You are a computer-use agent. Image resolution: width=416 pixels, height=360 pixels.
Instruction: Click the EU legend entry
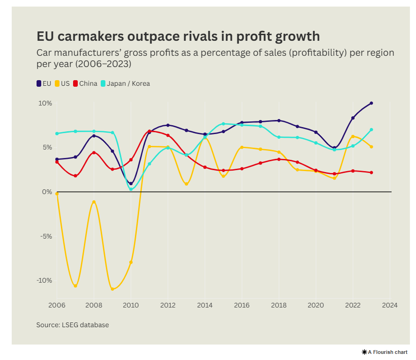tap(44, 83)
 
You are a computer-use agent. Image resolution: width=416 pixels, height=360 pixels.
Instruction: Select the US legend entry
tap(62, 83)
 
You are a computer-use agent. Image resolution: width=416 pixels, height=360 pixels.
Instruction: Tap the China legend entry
tap(85, 83)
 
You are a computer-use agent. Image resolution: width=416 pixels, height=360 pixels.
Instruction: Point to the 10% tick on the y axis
tap(45, 103)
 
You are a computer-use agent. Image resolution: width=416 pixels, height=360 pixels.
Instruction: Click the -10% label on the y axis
tap(44, 280)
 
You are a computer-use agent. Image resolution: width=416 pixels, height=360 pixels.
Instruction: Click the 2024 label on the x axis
tap(390, 305)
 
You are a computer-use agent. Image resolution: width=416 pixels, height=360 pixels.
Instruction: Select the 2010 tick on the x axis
tap(131, 305)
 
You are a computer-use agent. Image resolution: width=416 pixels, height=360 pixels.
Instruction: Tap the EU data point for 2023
tap(371, 103)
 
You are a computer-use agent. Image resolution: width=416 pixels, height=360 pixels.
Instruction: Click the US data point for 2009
tap(112, 289)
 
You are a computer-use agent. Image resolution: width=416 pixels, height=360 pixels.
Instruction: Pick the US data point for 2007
tap(75, 286)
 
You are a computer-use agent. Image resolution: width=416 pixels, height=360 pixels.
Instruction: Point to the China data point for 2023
tap(371, 172)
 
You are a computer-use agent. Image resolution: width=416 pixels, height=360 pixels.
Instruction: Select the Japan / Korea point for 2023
tap(371, 130)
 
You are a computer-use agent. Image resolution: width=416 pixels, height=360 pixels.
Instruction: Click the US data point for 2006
tap(57, 194)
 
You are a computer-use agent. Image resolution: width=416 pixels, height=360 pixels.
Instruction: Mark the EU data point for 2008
tap(94, 136)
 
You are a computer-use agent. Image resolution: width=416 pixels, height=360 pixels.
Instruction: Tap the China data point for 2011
tap(149, 131)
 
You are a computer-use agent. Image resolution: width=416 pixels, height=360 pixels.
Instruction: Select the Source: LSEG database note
tap(73, 324)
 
